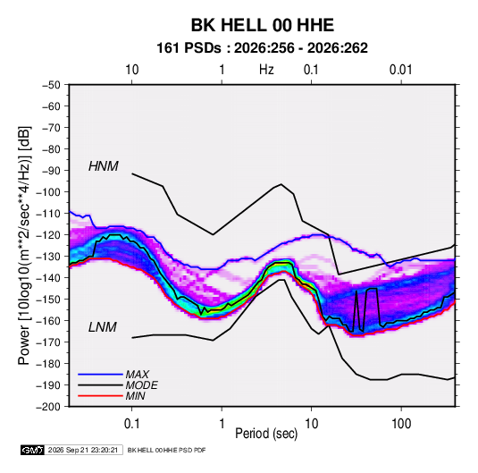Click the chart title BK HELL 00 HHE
coord(263,25)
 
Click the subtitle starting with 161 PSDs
coord(262,48)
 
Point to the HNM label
coord(104,166)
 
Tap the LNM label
coord(103,327)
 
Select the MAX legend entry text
coord(138,375)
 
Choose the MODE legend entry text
coord(142,385)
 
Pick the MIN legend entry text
coord(135,396)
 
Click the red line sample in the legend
coord(100,396)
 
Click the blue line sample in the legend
coord(100,374)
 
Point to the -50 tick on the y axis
coord(51,85)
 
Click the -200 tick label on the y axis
coord(48,407)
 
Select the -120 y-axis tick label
coord(48,235)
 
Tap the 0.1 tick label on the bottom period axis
coord(131,424)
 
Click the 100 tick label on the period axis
coord(401,424)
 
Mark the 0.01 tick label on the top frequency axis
coord(401,70)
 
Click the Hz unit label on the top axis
coord(266,70)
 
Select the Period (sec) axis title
coord(266,434)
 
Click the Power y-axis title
coord(24,245)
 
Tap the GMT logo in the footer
coord(32,450)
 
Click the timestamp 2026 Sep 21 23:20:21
coord(83,450)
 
